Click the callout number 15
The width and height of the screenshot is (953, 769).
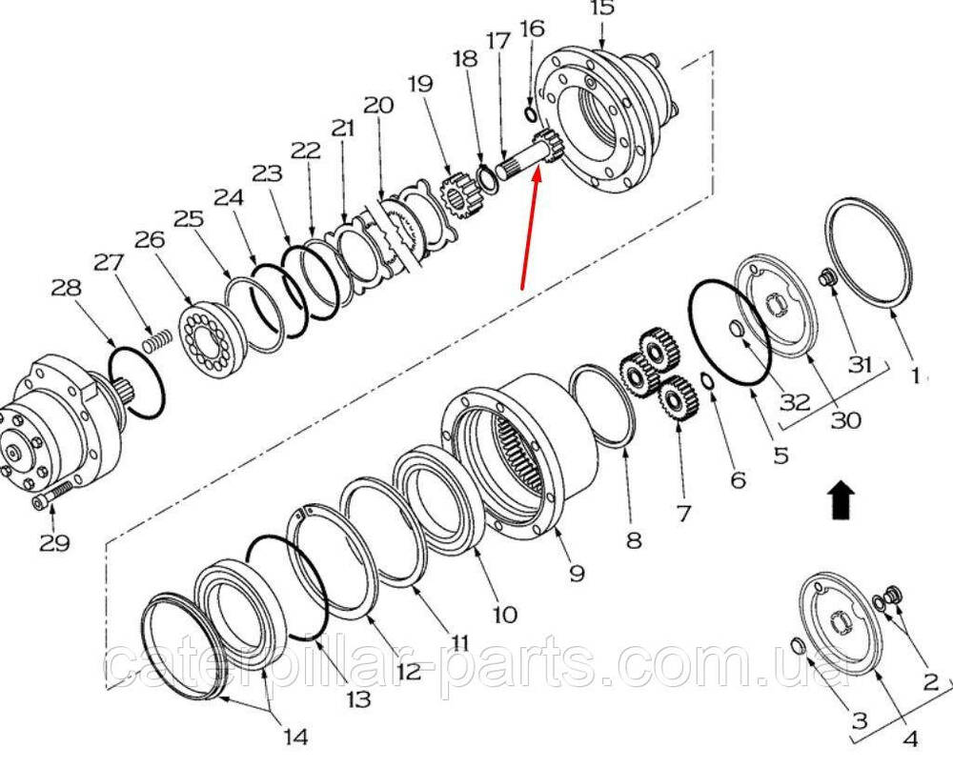point(601,10)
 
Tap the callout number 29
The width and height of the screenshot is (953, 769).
point(54,542)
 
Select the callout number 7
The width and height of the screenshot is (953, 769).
point(683,513)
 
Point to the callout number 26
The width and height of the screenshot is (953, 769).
point(150,239)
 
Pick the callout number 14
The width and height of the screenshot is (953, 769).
point(295,737)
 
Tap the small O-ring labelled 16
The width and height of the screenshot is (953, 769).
point(529,113)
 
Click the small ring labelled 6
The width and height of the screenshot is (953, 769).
point(707,381)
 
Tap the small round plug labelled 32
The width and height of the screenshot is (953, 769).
point(737,329)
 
